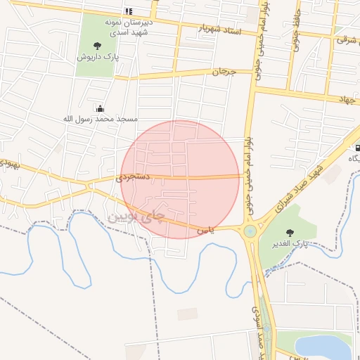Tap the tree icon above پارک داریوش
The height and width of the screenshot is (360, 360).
click(96, 46)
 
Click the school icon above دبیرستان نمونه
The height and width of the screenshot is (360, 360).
click(128, 11)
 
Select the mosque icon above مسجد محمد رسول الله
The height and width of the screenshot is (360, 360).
click(100, 109)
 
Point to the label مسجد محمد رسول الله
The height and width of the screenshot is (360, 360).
click(100, 120)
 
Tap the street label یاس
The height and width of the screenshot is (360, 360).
click(204, 229)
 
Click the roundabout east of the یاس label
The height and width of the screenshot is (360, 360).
click(250, 231)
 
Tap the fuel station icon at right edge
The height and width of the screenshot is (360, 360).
click(358, 148)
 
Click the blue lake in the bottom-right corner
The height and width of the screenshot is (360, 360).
click(323, 347)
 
